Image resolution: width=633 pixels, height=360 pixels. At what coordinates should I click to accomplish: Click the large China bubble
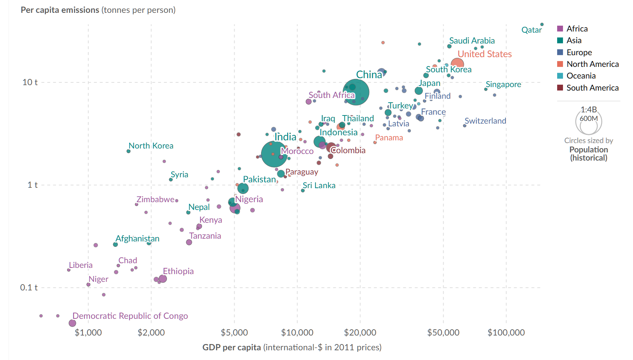356,92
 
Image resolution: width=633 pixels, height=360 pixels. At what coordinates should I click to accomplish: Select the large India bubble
274,154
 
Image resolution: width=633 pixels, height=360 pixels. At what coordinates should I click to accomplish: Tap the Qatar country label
531,30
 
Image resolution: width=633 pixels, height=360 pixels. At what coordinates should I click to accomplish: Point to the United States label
484,54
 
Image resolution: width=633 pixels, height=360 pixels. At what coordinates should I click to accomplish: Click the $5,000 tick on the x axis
234,333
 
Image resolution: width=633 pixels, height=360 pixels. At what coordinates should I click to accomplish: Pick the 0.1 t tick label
29,288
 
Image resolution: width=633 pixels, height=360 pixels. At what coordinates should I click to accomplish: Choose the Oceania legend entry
581,76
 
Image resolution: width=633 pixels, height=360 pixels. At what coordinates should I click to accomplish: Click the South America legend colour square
560,88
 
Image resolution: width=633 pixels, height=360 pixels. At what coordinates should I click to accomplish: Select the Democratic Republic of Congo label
130,316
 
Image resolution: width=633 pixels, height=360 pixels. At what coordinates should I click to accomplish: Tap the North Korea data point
128,151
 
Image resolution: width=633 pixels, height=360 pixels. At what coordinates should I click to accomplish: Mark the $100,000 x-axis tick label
506,333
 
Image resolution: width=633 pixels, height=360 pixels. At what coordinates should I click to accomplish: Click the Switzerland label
485,121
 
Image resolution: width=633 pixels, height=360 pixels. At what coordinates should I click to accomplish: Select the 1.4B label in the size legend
589,110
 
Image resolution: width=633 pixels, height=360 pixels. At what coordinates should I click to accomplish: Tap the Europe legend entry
579,52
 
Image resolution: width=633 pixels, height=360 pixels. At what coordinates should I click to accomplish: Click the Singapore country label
503,84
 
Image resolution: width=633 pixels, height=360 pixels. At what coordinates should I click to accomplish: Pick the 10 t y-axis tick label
30,82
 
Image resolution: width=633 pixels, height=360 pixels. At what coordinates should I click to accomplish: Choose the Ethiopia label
178,271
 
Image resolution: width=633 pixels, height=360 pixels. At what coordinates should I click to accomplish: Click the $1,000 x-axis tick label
88,333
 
